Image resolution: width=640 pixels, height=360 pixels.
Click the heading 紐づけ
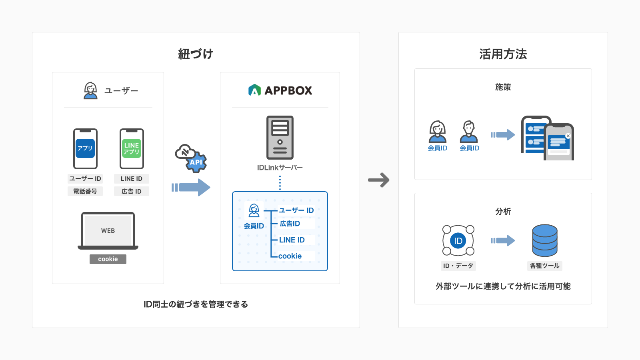[196, 54]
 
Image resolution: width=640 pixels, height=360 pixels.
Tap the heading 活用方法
[503, 54]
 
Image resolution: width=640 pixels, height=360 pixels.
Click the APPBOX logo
[280, 90]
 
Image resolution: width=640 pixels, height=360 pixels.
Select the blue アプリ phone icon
[85, 148]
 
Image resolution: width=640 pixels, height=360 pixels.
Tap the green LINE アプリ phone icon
[132, 148]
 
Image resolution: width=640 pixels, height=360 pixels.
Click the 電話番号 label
[85, 192]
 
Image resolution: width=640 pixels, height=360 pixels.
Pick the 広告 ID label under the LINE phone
[132, 192]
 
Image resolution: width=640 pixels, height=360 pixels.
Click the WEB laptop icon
[108, 231]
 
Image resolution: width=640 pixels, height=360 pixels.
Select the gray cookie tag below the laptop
[108, 259]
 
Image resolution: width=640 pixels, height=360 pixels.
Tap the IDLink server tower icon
[280, 138]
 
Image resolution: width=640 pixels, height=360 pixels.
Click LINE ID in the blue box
[292, 240]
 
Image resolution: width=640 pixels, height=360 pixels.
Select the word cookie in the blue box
[290, 256]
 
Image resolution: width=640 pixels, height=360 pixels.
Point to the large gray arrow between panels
[378, 180]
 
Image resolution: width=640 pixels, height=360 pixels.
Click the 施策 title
[503, 87]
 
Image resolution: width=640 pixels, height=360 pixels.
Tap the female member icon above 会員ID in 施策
[438, 132]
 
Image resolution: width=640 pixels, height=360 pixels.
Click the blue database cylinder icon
[545, 240]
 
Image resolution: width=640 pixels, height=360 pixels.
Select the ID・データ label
[458, 266]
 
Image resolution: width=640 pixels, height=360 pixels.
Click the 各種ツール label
[545, 266]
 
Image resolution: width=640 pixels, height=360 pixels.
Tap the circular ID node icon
[458, 240]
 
